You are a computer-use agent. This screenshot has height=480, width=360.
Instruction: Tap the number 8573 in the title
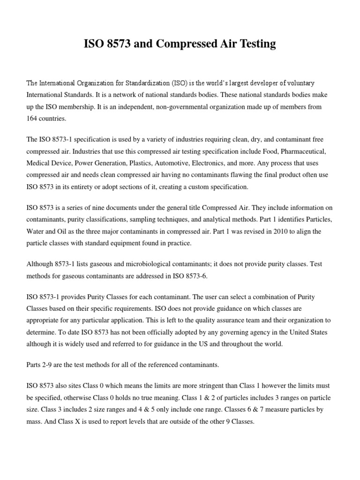[118, 45]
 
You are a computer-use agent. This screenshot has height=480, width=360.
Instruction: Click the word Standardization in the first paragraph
[146, 83]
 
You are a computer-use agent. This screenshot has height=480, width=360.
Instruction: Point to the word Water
[37, 231]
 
